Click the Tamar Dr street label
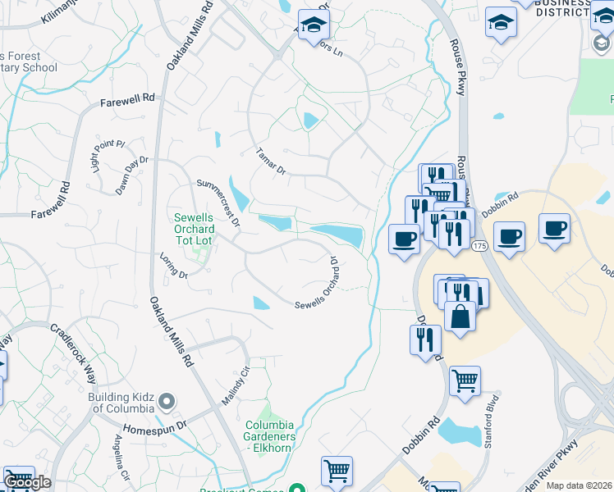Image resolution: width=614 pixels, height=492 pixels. pos(270,162)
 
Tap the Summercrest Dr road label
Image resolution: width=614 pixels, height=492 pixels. pos(218,202)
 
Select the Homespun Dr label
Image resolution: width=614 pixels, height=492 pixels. pos(155,429)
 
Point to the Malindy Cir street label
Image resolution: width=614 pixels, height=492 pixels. pos(234,385)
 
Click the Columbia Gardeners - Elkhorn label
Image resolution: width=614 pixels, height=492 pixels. pos(270,431)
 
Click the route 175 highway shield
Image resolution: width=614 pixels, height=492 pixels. pos(479,246)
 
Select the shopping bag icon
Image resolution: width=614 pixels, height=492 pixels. pos(460,316)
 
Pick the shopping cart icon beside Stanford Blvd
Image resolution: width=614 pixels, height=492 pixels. pos(465,380)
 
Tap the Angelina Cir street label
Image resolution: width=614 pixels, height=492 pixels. pos(120,463)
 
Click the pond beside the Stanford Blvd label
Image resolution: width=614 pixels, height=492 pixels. pos(460,431)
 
